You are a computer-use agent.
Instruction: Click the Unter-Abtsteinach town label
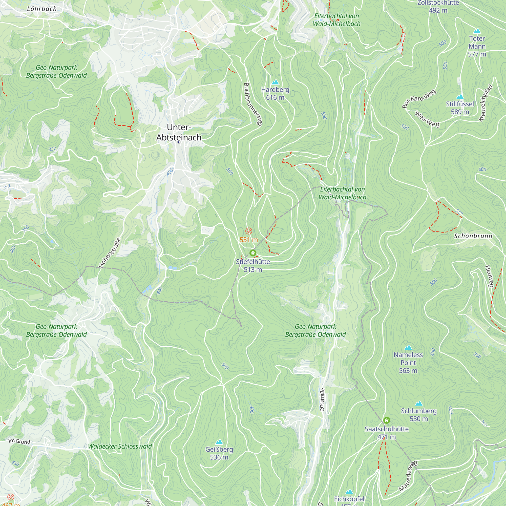coord(179,132)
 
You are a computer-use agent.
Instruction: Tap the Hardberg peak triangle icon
coord(275,82)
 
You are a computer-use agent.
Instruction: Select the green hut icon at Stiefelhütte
coord(253,253)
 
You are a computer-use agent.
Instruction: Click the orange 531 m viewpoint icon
coord(248,231)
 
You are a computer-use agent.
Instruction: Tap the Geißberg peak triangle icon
coord(219,442)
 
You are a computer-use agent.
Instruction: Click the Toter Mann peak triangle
coord(477,31)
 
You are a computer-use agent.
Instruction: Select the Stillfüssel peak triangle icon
coord(460,97)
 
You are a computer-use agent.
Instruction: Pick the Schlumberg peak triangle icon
coord(419,403)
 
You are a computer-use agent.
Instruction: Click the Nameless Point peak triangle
coord(408,348)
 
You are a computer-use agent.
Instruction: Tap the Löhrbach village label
coord(42,9)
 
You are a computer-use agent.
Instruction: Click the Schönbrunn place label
coord(473,236)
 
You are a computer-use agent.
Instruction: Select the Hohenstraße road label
coord(110,252)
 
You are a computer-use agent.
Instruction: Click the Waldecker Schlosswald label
coord(120,446)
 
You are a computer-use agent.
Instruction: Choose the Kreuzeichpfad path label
coord(486,103)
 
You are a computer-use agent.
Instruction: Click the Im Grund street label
coord(19,441)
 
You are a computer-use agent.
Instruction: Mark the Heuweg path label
coord(489,276)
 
